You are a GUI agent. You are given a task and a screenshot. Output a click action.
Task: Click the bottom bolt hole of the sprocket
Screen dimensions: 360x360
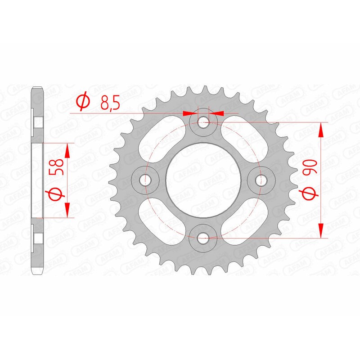(203, 237)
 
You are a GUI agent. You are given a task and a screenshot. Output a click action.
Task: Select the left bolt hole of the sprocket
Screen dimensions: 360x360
(144, 180)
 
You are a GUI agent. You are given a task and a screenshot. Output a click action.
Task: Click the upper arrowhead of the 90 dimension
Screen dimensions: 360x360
(321, 130)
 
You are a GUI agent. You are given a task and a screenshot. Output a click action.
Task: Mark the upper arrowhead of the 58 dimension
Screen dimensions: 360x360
(67, 151)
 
